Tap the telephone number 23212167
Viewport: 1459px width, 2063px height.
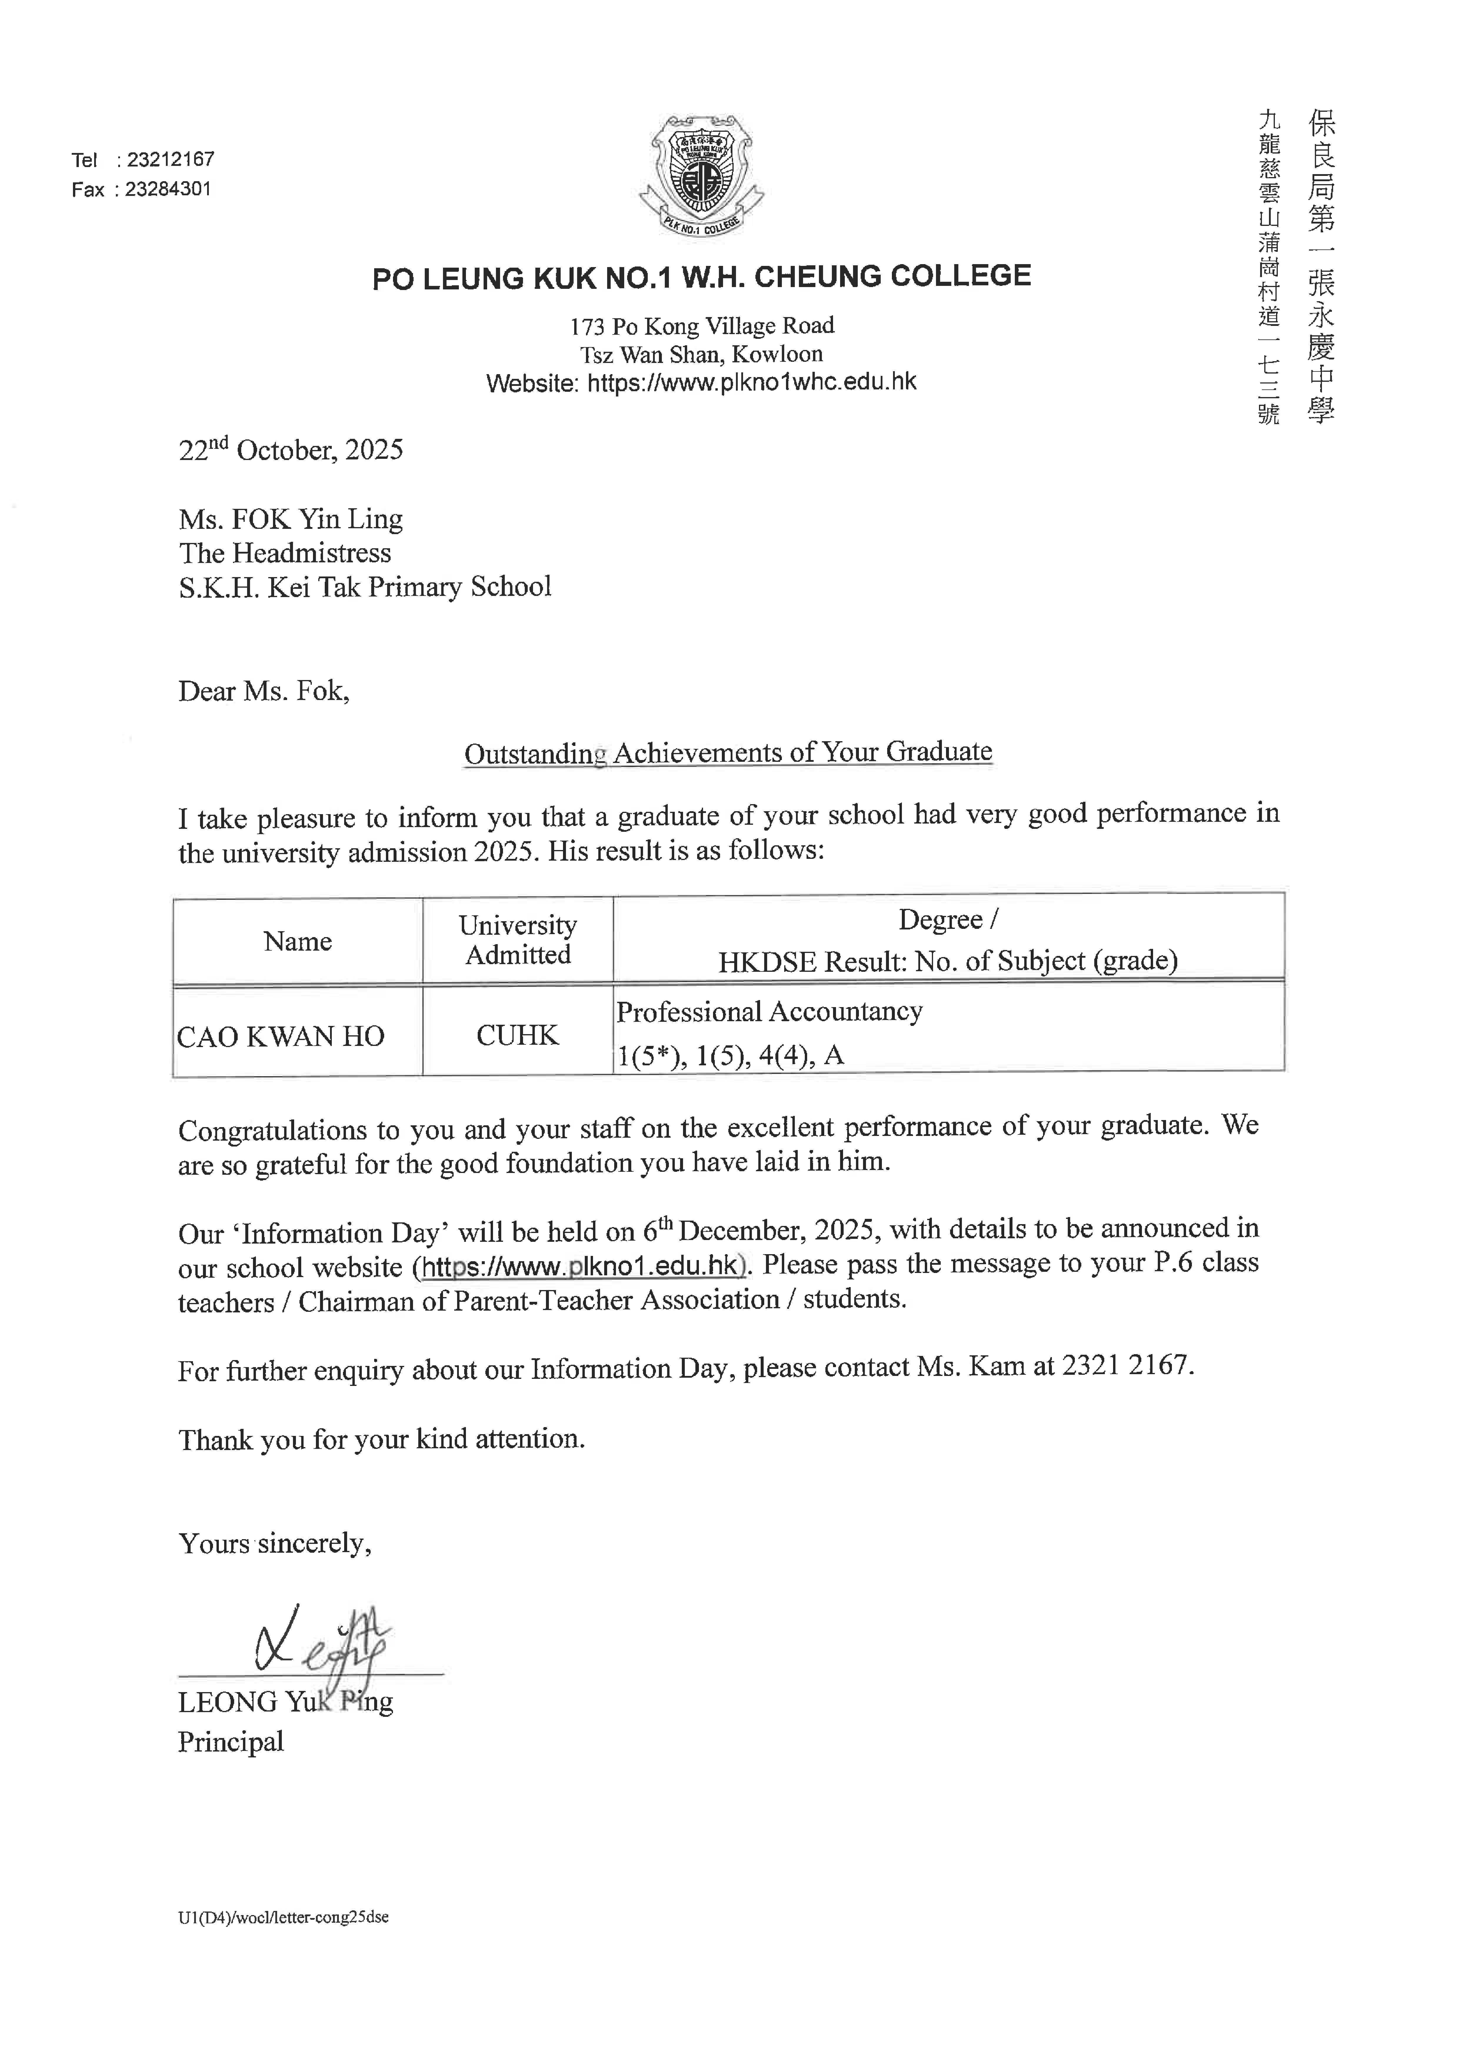pos(171,160)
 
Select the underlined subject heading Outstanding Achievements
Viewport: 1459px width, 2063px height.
pos(728,752)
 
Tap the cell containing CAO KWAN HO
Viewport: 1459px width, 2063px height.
pos(280,1036)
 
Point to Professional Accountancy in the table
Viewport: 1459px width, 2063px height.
pos(769,1012)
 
